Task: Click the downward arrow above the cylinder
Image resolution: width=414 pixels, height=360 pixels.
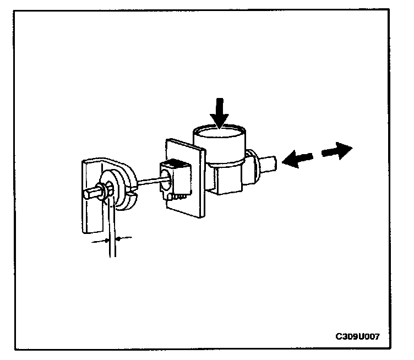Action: (x=221, y=112)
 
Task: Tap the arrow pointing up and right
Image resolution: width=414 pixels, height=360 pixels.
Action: (x=336, y=150)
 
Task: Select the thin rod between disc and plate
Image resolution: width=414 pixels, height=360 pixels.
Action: (x=148, y=181)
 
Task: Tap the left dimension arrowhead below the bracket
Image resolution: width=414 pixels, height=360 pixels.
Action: (x=105, y=240)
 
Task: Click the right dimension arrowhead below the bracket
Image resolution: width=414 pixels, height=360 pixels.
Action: (x=123, y=238)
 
